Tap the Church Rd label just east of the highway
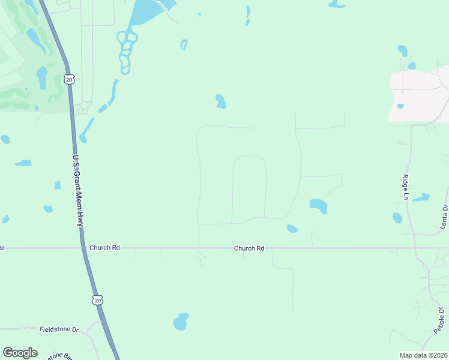click(104, 248)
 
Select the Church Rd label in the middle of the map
click(249, 248)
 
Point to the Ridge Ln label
click(405, 188)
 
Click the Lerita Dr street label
click(444, 217)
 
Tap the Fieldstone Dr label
click(59, 329)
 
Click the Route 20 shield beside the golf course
click(69, 79)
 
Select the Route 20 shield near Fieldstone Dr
click(98, 299)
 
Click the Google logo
click(20, 353)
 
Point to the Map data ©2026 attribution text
click(423, 355)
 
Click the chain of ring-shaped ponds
click(126, 52)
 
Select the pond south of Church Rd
click(181, 322)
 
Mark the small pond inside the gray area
click(400, 106)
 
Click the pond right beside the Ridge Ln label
click(421, 197)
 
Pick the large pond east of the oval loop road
click(318, 206)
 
